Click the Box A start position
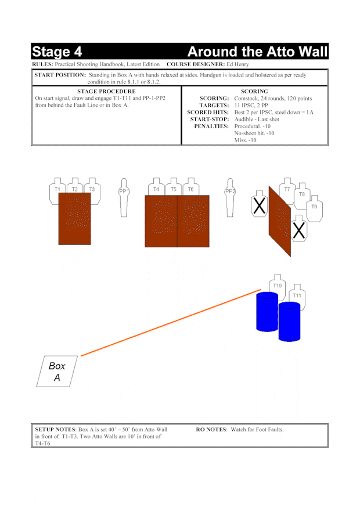click(x=57, y=371)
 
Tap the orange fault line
click(x=171, y=323)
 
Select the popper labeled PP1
click(x=124, y=197)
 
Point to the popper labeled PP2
click(x=230, y=197)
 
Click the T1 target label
click(x=57, y=189)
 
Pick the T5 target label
click(x=174, y=189)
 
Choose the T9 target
click(x=314, y=209)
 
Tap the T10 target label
click(x=277, y=286)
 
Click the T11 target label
click(x=297, y=295)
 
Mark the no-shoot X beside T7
click(x=260, y=204)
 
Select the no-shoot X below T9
click(x=299, y=229)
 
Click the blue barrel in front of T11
click(x=290, y=322)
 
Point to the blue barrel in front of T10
click(x=267, y=312)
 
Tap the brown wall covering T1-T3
click(x=75, y=219)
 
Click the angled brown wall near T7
click(x=280, y=222)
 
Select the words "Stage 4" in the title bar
click(x=57, y=52)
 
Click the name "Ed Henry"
click(x=237, y=64)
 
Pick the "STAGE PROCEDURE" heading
click(x=106, y=91)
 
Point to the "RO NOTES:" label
click(x=212, y=429)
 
